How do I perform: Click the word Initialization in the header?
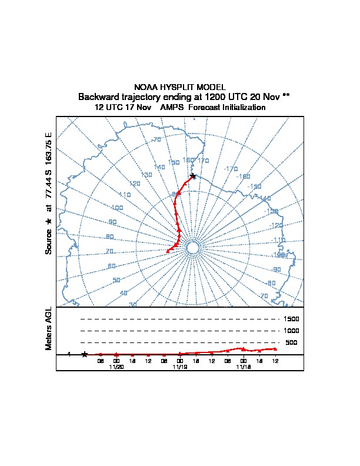tap(242, 108)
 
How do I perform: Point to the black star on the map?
tap(193, 177)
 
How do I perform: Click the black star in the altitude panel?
tap(85, 354)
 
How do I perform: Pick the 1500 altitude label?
tap(292, 319)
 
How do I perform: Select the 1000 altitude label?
tap(292, 331)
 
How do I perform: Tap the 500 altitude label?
tap(291, 342)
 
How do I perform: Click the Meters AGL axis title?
tap(49, 329)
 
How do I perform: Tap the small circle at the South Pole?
tap(192, 248)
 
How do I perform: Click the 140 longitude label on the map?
tap(159, 167)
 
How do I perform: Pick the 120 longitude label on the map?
tap(135, 184)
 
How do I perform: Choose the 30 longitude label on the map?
tap(133, 304)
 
